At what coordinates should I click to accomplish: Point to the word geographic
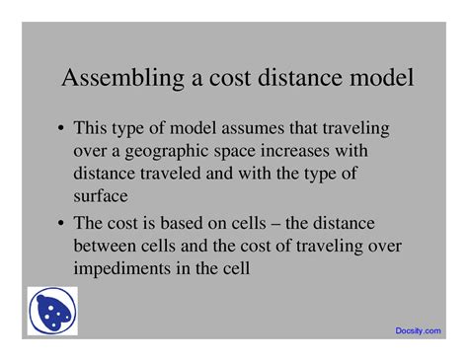click(167, 151)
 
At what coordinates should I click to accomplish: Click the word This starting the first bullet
click(94, 129)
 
